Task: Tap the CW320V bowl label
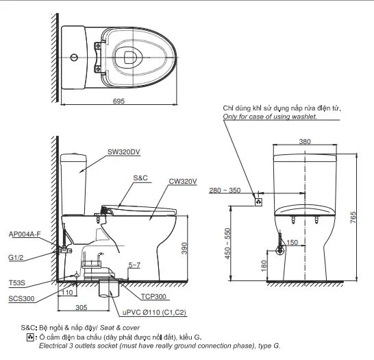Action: point(182,181)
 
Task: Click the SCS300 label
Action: point(21,299)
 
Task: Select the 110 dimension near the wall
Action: point(66,292)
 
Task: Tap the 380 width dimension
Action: point(306,142)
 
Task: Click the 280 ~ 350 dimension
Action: point(225,190)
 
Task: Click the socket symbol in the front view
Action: point(258,202)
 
